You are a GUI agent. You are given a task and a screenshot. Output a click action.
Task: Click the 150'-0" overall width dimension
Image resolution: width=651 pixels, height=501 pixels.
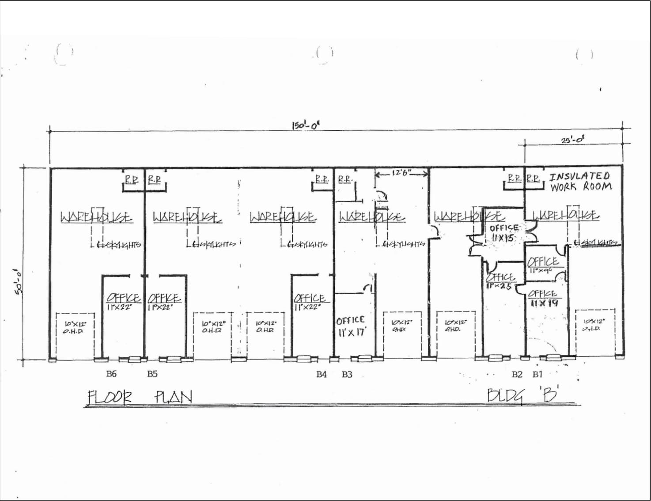tap(305, 125)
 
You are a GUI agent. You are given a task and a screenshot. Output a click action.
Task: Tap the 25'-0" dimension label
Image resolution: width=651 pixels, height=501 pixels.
tap(573, 140)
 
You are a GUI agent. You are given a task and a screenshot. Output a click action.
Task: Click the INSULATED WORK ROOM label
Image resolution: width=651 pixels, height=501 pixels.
tap(580, 182)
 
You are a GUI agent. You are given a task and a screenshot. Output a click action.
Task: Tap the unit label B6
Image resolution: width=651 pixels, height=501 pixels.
tap(111, 374)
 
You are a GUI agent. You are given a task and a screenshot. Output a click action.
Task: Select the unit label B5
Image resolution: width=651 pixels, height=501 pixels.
tap(152, 374)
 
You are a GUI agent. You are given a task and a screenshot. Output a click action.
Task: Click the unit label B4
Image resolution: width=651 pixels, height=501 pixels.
tap(321, 374)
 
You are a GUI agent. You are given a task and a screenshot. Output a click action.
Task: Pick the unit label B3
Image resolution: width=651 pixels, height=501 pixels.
tap(347, 374)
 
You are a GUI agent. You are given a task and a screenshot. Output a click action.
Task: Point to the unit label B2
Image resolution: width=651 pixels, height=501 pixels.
tap(517, 374)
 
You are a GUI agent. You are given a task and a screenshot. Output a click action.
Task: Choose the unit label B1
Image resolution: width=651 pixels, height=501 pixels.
tap(537, 374)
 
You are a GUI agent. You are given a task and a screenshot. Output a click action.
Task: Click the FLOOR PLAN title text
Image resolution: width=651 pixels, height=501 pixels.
tap(140, 397)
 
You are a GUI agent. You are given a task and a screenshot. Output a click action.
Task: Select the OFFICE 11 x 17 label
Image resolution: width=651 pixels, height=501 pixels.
tap(351, 326)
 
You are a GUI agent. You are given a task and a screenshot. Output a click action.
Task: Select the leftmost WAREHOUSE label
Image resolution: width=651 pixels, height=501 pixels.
tap(95, 217)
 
